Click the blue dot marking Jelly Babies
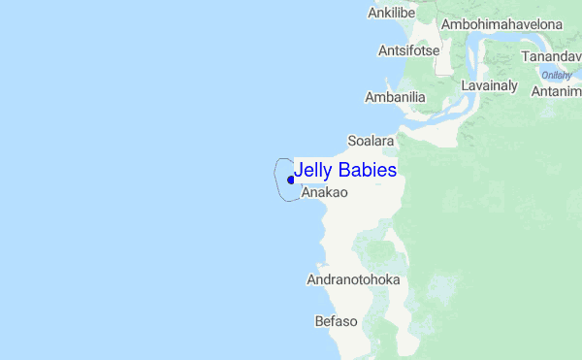(291, 180)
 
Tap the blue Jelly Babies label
(345, 170)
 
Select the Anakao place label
(324, 193)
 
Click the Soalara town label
(371, 141)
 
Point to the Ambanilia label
(395, 97)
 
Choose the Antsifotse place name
(410, 49)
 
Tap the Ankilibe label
(392, 13)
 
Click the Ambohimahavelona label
(501, 23)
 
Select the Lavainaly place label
(490, 85)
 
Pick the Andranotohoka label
(353, 280)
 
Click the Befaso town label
(337, 321)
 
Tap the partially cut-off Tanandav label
(551, 57)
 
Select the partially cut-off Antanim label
(557, 91)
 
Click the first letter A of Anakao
(307, 193)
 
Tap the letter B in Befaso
(319, 321)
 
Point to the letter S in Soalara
(352, 141)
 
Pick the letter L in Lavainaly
(465, 85)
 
